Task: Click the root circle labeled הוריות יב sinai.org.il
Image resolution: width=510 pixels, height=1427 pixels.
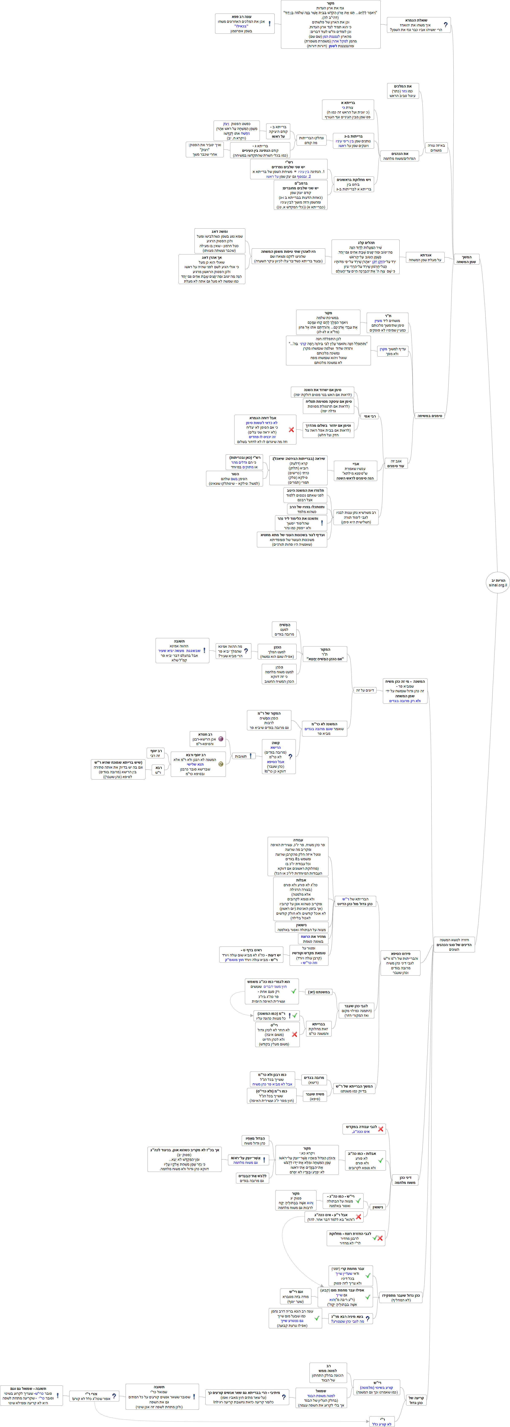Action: pos(497,582)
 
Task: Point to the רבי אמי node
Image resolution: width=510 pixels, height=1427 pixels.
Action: pos(370,415)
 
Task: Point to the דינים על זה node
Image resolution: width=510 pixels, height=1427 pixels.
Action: pos(365,690)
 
